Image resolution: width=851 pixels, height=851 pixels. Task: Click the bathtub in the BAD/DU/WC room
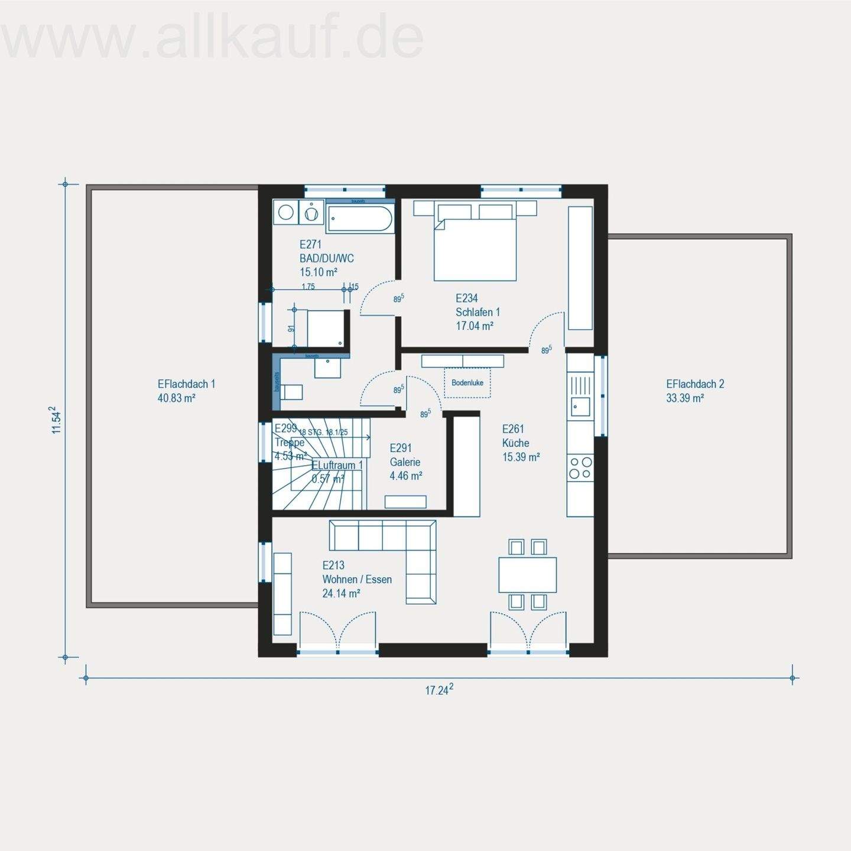point(360,219)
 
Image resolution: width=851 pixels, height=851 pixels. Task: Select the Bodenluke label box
point(467,383)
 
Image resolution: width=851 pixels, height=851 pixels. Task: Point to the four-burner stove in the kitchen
point(580,468)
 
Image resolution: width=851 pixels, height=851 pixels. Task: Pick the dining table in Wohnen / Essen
point(527,574)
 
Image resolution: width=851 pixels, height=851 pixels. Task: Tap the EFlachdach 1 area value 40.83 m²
point(176,398)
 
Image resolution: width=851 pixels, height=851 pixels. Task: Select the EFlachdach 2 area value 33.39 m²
point(685,398)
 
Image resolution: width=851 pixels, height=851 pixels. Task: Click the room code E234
point(466,298)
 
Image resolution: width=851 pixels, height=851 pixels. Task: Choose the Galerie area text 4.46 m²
point(405,476)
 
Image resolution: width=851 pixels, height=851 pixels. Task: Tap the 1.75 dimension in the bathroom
point(308,287)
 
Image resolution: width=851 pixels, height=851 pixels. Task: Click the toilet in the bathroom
point(292,392)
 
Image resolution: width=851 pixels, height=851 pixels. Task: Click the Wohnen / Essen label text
point(357,579)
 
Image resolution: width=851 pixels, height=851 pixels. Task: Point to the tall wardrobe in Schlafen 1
point(580,268)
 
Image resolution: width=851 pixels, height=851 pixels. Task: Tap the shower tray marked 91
point(324,328)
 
